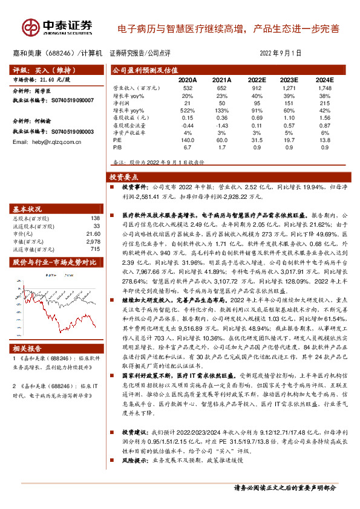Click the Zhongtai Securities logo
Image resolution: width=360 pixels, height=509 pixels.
tap(57, 27)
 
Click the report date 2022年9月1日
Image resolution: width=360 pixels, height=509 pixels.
tap(281, 53)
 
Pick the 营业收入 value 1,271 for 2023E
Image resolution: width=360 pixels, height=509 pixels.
tap(290, 89)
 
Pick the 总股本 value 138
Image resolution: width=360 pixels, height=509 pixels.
tap(94, 218)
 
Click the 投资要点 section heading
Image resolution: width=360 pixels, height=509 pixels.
tap(124, 178)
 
